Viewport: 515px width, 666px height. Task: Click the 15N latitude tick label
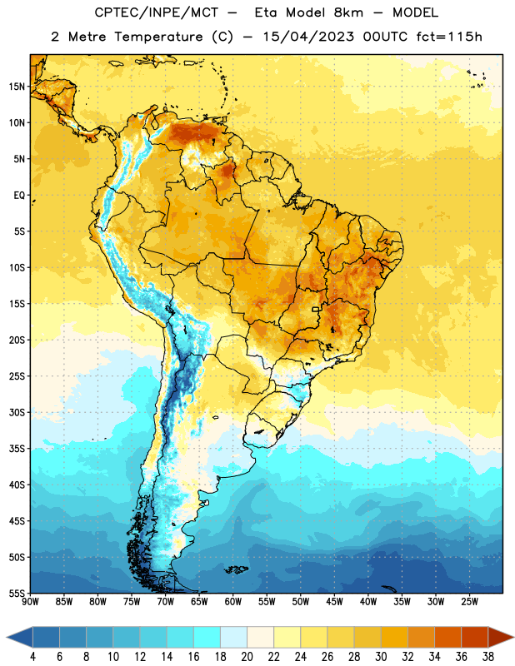click(17, 87)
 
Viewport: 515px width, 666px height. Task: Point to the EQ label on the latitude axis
click(19, 196)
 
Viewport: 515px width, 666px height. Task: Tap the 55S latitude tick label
click(17, 593)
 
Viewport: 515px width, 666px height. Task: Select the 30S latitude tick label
click(17, 412)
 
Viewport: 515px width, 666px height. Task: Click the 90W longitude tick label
click(30, 602)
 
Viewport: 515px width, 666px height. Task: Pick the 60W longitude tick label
click(233, 602)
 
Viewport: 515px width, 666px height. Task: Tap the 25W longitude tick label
click(469, 602)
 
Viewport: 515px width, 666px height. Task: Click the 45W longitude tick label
click(334, 602)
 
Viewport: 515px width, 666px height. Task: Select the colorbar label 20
click(247, 657)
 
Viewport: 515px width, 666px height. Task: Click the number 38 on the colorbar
click(488, 657)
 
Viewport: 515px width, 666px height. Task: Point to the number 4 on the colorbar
click(32, 657)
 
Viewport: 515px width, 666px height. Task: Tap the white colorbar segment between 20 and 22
click(260, 637)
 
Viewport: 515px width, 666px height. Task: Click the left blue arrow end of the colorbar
click(20, 637)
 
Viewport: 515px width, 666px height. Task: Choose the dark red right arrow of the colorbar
click(501, 637)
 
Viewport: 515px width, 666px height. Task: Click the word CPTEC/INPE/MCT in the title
click(156, 13)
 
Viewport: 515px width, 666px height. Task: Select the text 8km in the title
click(348, 13)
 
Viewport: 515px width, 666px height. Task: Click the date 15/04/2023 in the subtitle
click(308, 37)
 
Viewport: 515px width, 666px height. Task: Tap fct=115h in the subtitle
click(449, 37)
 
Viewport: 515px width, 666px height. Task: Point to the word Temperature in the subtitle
click(158, 37)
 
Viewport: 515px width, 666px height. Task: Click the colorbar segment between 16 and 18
click(207, 637)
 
